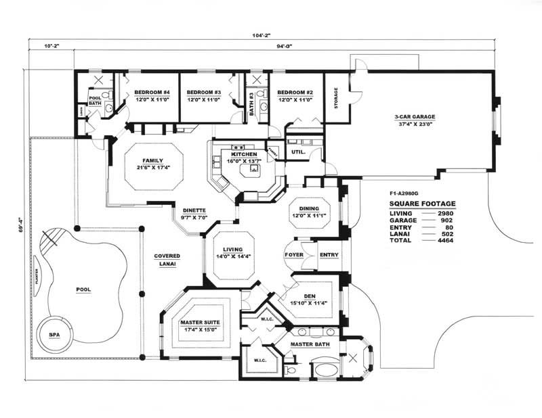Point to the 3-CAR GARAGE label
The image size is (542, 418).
(x=415, y=116)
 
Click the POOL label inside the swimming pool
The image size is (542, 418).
(x=83, y=289)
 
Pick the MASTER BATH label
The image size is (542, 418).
(x=310, y=344)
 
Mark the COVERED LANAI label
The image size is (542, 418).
(x=167, y=260)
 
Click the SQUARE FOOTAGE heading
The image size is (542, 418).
(x=422, y=203)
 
